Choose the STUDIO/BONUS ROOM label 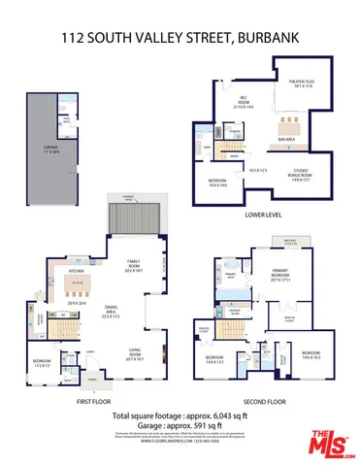(x=300, y=176)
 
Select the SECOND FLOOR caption (x=268, y=399)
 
